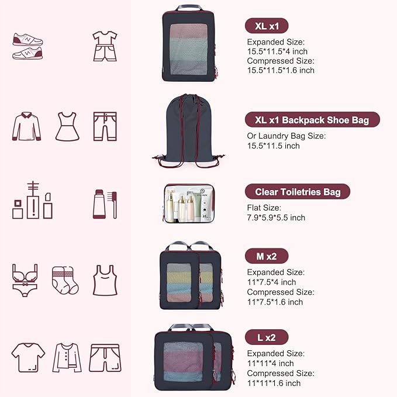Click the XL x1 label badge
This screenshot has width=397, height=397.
[x=267, y=26]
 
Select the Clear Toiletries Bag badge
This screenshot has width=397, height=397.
[x=298, y=192]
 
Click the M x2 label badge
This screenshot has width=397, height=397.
[x=267, y=256]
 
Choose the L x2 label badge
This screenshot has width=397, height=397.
[x=266, y=337]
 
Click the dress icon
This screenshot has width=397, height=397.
[x=67, y=126]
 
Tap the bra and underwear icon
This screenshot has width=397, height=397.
[x=25, y=280]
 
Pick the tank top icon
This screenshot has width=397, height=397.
[x=105, y=280]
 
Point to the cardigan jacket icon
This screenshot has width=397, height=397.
[x=67, y=357]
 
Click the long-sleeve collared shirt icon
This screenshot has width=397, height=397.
[x=27, y=126]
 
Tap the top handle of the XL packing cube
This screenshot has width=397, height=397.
[x=189, y=8]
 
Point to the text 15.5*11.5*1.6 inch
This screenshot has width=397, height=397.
[x=281, y=70]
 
